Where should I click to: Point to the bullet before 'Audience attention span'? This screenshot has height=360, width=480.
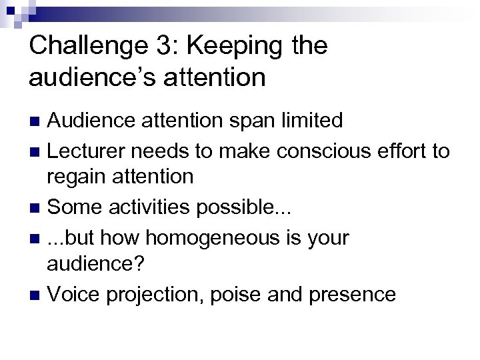point(37,121)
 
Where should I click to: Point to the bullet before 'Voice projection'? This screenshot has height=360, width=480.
point(37,294)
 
